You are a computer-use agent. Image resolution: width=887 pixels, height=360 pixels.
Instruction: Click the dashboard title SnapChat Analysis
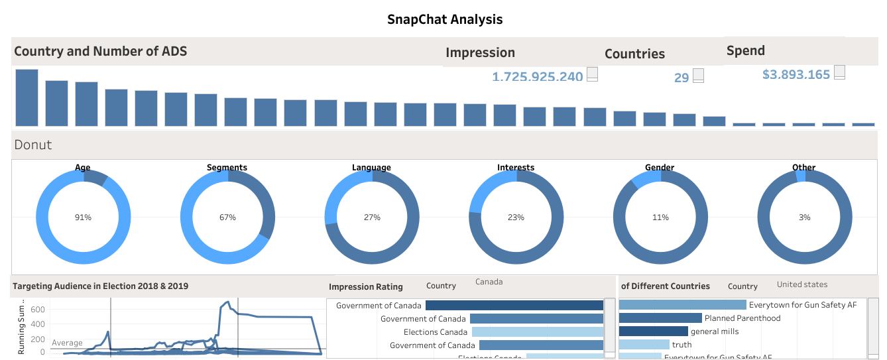(445, 19)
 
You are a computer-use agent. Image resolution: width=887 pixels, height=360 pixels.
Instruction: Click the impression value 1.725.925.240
(537, 77)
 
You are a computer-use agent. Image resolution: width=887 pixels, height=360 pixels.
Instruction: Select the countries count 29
(681, 78)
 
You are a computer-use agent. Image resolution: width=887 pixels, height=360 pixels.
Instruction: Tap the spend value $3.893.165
(796, 75)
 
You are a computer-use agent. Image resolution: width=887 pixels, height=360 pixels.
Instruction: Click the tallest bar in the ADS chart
(27, 97)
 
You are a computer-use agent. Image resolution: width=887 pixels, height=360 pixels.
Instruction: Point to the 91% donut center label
(83, 217)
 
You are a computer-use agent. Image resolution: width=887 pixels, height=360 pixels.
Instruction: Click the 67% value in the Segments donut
(227, 217)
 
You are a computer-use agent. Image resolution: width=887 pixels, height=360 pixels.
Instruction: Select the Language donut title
(371, 168)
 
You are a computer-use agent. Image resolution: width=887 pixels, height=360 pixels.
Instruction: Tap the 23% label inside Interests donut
(516, 217)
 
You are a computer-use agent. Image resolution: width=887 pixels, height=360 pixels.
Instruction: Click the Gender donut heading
(660, 168)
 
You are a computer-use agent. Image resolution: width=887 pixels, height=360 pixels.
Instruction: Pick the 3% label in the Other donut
(804, 217)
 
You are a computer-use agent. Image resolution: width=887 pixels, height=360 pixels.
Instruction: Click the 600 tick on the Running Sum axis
(37, 310)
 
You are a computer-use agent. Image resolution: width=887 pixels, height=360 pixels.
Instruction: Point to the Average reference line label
(67, 343)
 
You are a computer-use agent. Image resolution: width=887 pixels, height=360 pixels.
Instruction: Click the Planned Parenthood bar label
(742, 318)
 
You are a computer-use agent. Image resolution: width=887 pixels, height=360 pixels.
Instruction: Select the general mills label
(714, 331)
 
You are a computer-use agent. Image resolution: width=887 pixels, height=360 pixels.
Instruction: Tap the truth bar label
(681, 345)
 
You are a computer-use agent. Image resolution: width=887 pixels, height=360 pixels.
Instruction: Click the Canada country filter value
(489, 282)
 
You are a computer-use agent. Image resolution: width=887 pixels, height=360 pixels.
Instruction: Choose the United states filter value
(802, 284)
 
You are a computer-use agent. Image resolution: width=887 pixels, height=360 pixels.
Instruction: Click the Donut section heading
(33, 145)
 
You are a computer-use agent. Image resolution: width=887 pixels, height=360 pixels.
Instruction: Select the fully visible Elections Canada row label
(435, 332)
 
